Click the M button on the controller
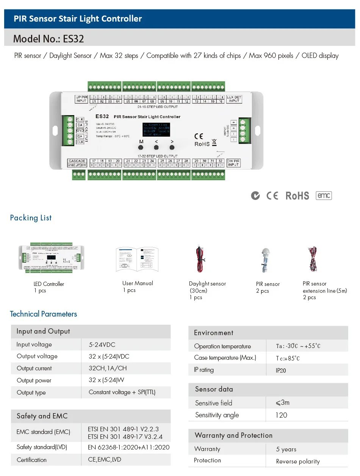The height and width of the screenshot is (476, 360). (141, 147)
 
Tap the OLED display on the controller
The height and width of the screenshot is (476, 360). (157, 130)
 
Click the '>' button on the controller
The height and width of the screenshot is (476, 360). (172, 147)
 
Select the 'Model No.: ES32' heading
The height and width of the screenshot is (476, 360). (49, 39)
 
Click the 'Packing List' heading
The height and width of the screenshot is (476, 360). (31, 218)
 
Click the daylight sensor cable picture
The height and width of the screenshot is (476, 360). (199, 260)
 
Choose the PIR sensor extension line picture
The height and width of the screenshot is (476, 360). (312, 260)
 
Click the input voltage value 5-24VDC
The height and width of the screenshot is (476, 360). (102, 345)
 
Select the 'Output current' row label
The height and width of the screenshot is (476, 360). (34, 368)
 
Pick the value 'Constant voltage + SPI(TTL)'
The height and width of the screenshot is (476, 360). (122, 392)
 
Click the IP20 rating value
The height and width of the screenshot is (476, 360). (281, 370)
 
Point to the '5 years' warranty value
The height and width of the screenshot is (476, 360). (286, 449)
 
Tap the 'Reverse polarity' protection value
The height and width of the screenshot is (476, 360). (298, 461)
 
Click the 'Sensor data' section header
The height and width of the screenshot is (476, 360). (214, 389)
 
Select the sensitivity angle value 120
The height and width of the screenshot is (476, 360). (281, 415)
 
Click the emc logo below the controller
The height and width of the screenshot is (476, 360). (324, 195)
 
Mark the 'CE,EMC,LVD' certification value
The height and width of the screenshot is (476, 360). (102, 460)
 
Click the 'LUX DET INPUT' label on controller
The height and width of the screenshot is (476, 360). (234, 99)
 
